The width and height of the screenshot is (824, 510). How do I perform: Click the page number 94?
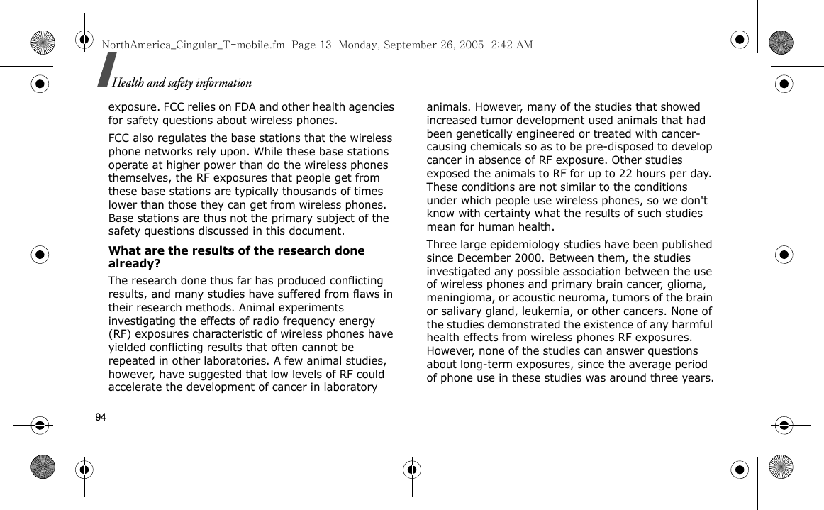[100, 417]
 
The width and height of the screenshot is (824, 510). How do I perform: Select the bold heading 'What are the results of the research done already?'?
[236, 257]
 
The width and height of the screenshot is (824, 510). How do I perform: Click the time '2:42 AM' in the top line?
[511, 45]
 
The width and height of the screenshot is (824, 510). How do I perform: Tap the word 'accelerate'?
[136, 387]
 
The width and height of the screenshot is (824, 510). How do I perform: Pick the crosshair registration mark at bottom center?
[412, 469]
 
